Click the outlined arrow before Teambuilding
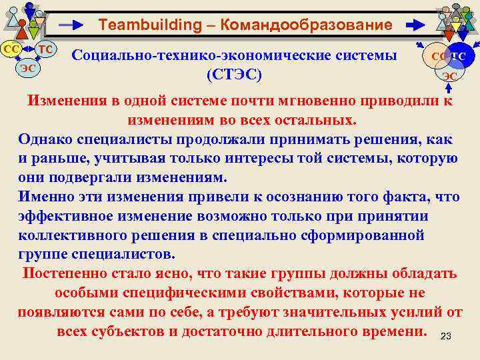pyautogui.click(x=73, y=25)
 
